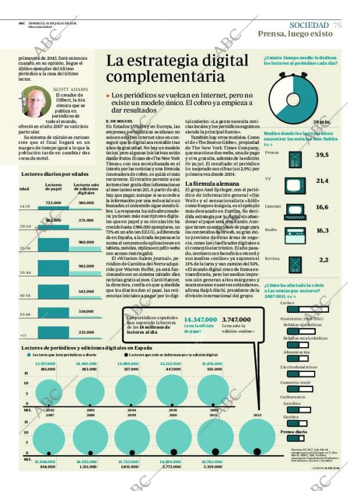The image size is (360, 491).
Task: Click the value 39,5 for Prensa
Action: pyautogui.click(x=322, y=155)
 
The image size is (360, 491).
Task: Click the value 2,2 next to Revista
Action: pyautogui.click(x=323, y=259)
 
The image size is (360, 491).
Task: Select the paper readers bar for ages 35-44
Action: pyautogui.click(x=53, y=266)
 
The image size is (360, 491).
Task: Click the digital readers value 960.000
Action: pyautogui.click(x=86, y=242)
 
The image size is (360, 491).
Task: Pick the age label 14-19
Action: pyautogui.click(x=25, y=206)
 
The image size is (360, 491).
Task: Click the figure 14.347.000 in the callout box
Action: pyautogui.click(x=200, y=319)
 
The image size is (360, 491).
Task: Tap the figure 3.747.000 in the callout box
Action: pyautogui.click(x=236, y=319)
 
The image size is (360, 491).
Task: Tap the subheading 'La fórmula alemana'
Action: pyautogui.click(x=208, y=184)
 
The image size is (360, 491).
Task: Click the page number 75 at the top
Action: pyautogui.click(x=338, y=24)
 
